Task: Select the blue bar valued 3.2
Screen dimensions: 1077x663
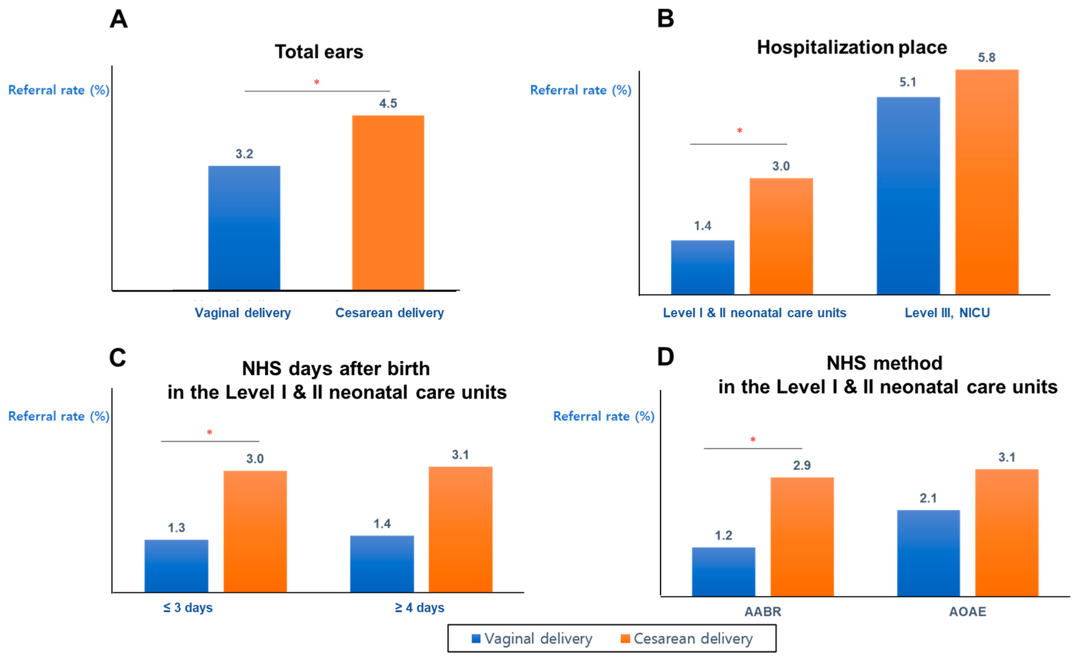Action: pyautogui.click(x=244, y=228)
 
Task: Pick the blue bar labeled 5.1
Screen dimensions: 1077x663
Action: pyautogui.click(x=908, y=195)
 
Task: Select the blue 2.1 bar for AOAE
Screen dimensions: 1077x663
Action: pyautogui.click(x=929, y=553)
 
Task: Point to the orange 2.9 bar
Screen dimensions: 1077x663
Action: pyautogui.click(x=802, y=537)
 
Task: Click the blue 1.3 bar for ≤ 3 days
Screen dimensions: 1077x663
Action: pyautogui.click(x=176, y=566)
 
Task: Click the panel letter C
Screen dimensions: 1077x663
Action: pyautogui.click(x=117, y=358)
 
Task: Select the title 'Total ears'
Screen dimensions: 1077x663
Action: pyautogui.click(x=319, y=52)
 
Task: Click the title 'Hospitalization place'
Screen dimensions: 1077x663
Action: pyautogui.click(x=852, y=47)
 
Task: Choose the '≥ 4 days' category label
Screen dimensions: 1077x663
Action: pyautogui.click(x=420, y=608)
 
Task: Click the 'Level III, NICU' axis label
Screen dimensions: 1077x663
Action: pyautogui.click(x=947, y=313)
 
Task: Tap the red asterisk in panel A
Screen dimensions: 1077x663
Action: pyautogui.click(x=317, y=82)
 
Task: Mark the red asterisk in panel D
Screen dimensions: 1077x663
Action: pyautogui.click(x=753, y=439)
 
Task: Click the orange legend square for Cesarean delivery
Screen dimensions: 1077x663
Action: pyautogui.click(x=626, y=638)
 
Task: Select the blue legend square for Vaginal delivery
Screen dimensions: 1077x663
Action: pyautogui.click(x=476, y=638)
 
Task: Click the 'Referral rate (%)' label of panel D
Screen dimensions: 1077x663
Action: pyautogui.click(x=603, y=416)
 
